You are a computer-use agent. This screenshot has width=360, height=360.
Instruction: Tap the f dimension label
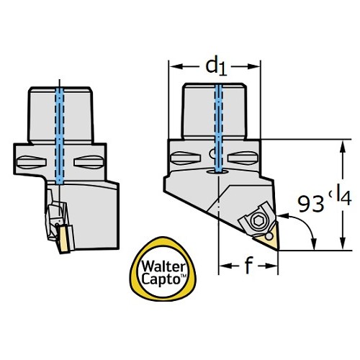248,265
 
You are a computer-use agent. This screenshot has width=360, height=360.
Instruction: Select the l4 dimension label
343,197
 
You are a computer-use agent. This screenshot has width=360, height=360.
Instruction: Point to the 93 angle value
311,204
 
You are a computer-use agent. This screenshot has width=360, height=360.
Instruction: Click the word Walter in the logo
163,267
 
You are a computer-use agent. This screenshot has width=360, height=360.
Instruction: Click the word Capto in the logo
161,279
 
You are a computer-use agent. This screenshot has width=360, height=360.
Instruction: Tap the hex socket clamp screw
258,220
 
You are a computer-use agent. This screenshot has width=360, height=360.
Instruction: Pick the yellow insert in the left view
64,239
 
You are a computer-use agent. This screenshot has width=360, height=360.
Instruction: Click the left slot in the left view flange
32,162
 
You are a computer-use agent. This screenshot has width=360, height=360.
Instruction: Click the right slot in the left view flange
89,162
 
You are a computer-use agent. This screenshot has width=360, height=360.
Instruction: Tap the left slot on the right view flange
185,158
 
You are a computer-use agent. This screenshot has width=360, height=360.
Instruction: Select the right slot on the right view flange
243,158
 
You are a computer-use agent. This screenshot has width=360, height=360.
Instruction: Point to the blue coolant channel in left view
60,135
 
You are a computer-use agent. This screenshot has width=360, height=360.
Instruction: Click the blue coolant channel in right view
219,128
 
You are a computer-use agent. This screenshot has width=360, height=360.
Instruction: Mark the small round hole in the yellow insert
269,236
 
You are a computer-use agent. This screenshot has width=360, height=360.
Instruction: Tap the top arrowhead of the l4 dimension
343,147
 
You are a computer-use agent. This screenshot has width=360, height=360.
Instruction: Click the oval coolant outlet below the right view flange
217,172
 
